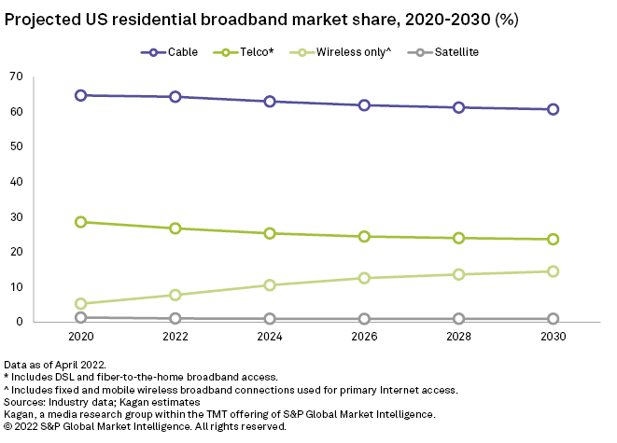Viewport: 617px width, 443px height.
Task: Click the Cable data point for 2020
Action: [81, 95]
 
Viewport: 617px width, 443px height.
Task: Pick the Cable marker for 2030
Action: [554, 109]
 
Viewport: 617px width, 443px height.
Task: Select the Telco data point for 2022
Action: [175, 228]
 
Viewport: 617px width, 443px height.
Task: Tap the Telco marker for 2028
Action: [459, 238]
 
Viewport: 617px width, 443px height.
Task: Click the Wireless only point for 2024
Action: [270, 285]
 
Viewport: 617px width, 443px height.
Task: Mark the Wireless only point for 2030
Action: [554, 271]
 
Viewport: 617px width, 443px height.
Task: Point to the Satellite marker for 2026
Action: [365, 319]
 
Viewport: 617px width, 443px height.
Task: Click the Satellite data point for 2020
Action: [81, 318]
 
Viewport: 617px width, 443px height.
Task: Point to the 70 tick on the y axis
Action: [41, 76]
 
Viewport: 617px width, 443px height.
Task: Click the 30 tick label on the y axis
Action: [41, 217]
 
